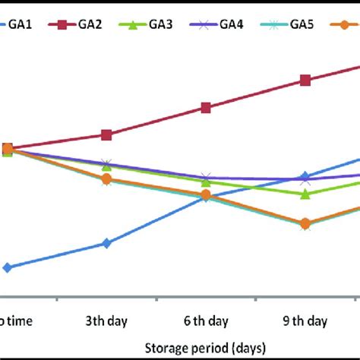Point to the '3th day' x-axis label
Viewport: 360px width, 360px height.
click(x=106, y=321)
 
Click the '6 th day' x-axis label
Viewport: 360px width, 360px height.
click(x=205, y=321)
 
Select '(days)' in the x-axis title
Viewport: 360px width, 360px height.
click(x=245, y=347)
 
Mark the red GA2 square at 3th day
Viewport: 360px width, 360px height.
click(x=106, y=135)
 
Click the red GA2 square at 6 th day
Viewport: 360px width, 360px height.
click(x=205, y=108)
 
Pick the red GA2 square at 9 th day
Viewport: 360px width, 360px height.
click(x=305, y=81)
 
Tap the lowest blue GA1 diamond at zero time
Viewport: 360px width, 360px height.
click(x=8, y=267)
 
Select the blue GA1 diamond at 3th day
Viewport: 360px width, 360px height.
click(x=106, y=243)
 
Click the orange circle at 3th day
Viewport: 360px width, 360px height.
click(x=106, y=178)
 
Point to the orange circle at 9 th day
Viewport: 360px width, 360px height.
click(x=305, y=223)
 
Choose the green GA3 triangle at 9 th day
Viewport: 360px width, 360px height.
click(x=305, y=194)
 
